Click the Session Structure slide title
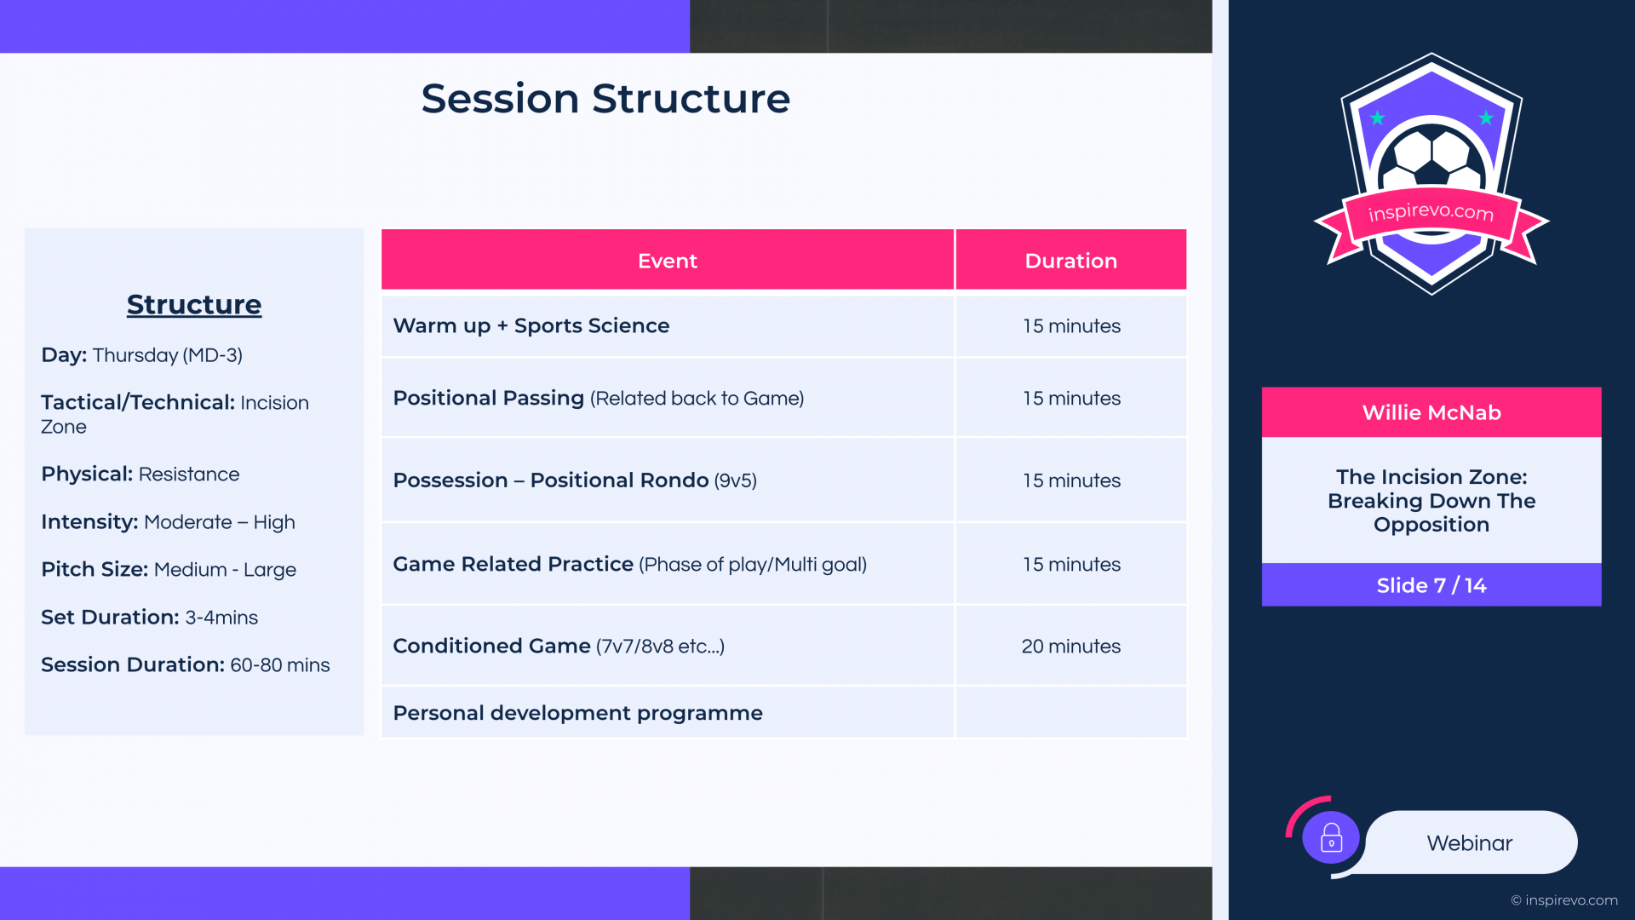[x=605, y=98]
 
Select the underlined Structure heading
[x=194, y=304]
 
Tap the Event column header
[x=668, y=260]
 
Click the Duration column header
[x=1071, y=260]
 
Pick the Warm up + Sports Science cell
[x=668, y=325]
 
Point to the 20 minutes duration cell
[x=1071, y=646]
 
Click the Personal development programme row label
[x=577, y=713]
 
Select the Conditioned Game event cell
[x=668, y=646]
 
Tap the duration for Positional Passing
[x=1071, y=398]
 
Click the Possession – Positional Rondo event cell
[x=668, y=480]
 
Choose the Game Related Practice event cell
[x=668, y=564]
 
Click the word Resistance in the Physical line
[x=189, y=474]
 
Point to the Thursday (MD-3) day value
[x=168, y=355]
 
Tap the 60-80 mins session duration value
[x=280, y=664]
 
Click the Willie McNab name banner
[x=1431, y=412]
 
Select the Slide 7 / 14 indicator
[x=1431, y=585]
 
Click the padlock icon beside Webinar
[x=1331, y=838]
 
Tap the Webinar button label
[x=1470, y=842]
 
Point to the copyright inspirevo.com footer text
[x=1564, y=900]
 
